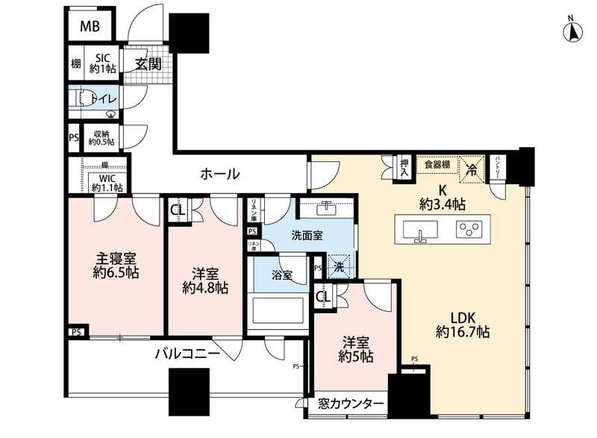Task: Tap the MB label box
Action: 90,28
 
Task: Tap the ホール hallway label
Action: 219,174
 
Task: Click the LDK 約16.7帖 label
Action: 463,322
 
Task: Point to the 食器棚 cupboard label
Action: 437,164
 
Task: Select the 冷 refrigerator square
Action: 470,169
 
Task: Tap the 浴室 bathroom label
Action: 281,275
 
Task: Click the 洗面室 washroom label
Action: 307,234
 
